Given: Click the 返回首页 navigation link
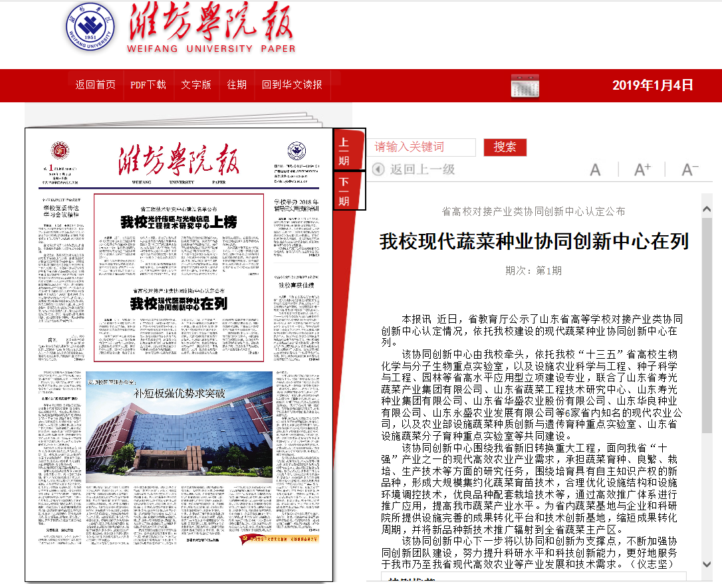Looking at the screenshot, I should (x=95, y=84).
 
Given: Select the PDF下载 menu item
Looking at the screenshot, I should (x=148, y=84).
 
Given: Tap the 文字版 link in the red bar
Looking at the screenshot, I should (x=196, y=84).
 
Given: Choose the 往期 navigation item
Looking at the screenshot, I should (x=237, y=84).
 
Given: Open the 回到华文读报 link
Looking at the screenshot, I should (x=292, y=84).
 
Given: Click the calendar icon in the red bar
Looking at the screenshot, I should (x=525, y=86).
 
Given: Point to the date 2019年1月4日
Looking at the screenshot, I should (x=653, y=85).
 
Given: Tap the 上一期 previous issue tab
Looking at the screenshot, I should (x=344, y=150).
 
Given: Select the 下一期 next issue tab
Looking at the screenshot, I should (x=344, y=191).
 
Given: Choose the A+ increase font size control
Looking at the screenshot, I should (x=642, y=169).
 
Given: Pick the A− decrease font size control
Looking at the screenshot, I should (x=690, y=169).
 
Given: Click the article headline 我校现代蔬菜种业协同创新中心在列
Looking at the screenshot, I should (x=534, y=241).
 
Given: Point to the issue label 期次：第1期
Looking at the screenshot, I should (x=533, y=270).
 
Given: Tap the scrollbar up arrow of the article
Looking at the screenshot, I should (x=707, y=209).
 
